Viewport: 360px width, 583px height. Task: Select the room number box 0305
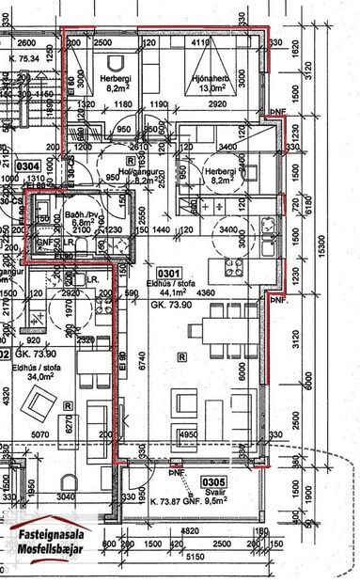(213, 482)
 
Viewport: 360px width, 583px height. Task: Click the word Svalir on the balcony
(212, 493)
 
